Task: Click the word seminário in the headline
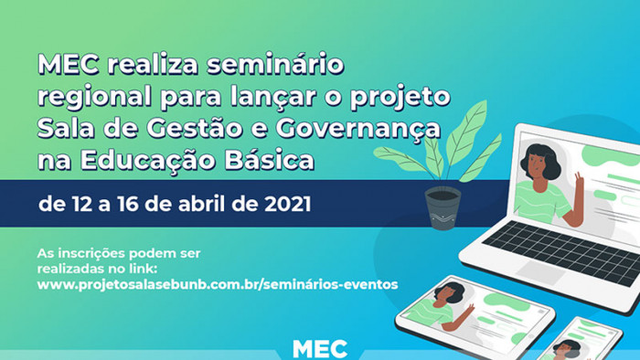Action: point(275,65)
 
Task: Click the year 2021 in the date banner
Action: point(288,204)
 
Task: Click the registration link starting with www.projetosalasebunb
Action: point(218,284)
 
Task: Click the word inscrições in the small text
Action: point(91,254)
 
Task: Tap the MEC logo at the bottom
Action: point(320,349)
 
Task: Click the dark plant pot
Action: point(443,207)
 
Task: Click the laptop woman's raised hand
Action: point(579,178)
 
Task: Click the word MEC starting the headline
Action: point(69,65)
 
